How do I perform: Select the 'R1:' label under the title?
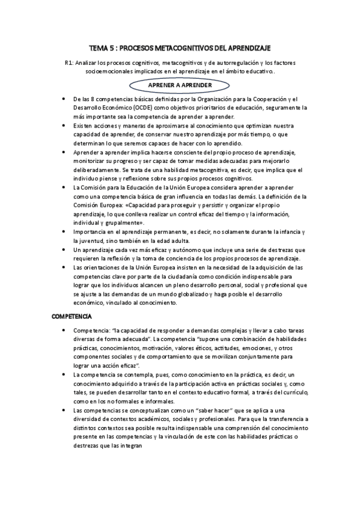coord(70,63)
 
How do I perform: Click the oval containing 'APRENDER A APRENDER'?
coord(180,85)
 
